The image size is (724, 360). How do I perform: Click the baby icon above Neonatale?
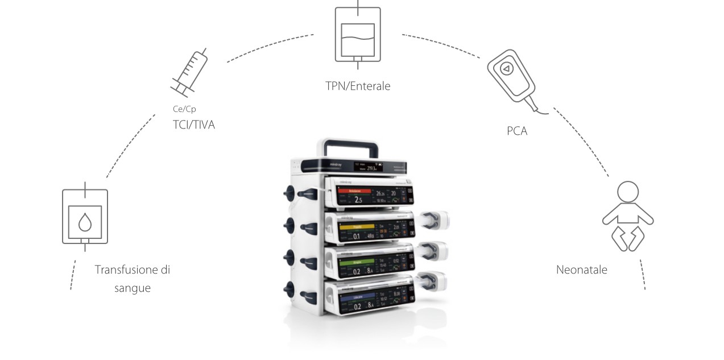627,217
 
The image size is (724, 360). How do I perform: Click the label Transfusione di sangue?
132,278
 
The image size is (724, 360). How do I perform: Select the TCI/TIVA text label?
194,125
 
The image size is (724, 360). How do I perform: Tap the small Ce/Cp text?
184,109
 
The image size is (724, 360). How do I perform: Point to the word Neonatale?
581,270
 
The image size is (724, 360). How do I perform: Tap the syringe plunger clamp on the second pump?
436,218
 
